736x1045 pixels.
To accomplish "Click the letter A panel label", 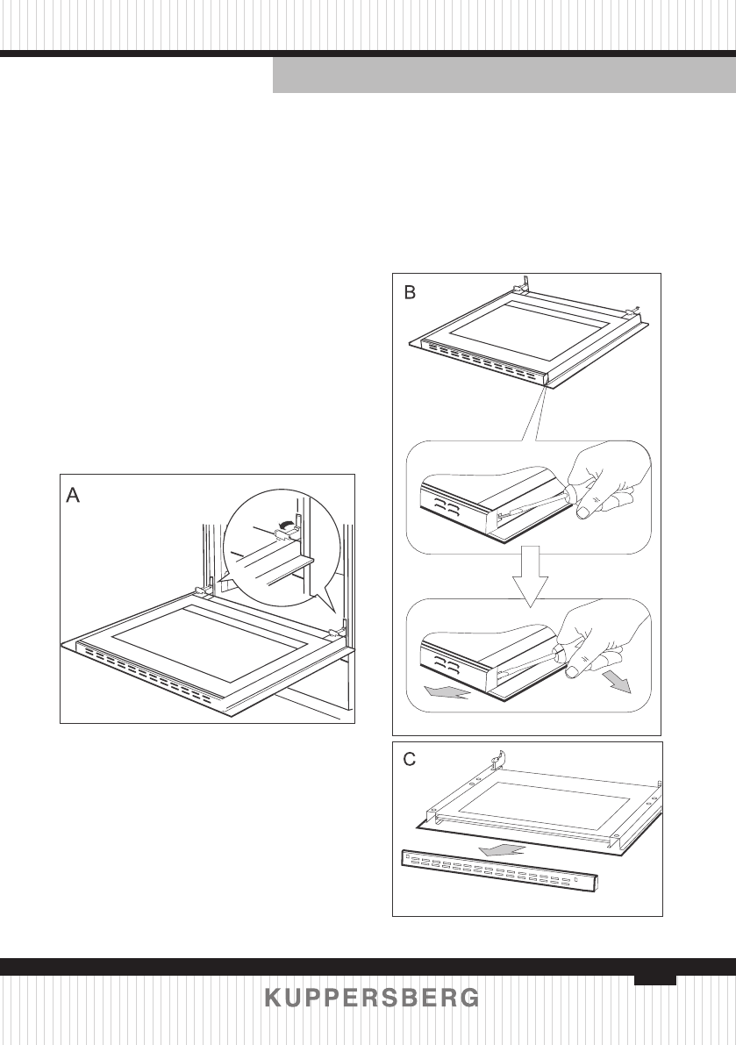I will click(x=74, y=496).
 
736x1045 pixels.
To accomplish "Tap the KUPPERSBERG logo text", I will click(x=372, y=998).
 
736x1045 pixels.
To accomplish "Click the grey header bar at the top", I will click(x=504, y=76).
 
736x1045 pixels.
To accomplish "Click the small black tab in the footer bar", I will click(x=655, y=979).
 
